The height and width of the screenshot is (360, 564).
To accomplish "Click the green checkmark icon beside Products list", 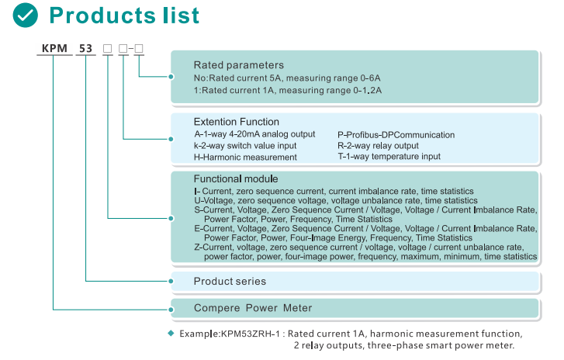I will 26,16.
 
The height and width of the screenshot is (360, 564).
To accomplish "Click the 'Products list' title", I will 124,16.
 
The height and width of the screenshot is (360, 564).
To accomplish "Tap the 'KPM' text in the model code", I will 53,50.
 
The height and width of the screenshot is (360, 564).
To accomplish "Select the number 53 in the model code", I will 85,50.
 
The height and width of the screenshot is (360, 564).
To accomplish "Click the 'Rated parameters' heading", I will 238,65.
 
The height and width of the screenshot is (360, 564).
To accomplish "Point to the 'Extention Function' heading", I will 236,122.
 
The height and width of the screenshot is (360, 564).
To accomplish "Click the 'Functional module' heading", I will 235,178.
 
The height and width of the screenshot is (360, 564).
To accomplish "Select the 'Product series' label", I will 230,281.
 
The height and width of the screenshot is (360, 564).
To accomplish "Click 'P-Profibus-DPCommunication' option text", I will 396,134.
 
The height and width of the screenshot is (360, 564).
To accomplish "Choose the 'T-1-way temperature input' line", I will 389,156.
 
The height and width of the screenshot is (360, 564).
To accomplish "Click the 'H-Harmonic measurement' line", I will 245,157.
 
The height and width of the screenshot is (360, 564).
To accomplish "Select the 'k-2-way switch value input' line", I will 244,145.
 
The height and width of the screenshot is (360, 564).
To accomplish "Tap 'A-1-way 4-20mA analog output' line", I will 254,134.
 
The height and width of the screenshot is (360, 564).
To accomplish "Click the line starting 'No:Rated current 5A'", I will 286,78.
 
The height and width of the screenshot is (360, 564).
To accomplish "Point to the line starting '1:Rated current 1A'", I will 287,91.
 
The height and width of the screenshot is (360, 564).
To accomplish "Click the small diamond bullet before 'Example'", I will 171,333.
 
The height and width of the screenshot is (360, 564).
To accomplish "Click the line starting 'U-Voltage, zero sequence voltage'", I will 335,200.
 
